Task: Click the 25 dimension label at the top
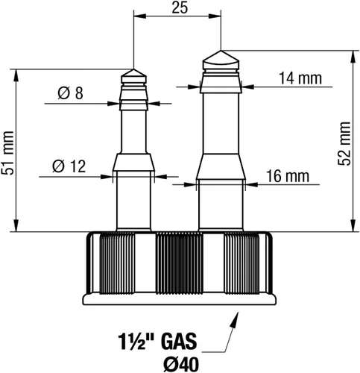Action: pos(180,8)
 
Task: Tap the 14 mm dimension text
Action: pos(300,78)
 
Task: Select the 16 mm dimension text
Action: pos(288,176)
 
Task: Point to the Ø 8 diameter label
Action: pos(71,93)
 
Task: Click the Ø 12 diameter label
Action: pos(69,166)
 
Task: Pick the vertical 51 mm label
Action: pos(7,153)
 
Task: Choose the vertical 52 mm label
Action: pos(344,143)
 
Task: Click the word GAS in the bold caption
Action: pos(179,342)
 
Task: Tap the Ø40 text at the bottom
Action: pos(181,365)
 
